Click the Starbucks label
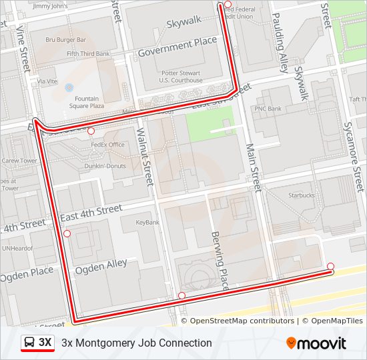click(301, 195)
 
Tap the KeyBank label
click(147, 222)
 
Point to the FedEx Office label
click(107, 145)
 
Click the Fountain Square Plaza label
click(88, 101)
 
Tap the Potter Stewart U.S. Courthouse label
click(181, 76)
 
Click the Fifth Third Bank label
click(88, 53)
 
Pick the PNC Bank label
click(268, 109)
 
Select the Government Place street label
click(177, 47)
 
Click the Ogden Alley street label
click(101, 266)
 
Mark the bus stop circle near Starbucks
click(330, 267)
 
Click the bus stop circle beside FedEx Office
click(91, 131)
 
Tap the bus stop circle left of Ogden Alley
click(67, 233)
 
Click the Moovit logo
click(316, 343)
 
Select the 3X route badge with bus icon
click(38, 343)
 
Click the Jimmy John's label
click(50, 6)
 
